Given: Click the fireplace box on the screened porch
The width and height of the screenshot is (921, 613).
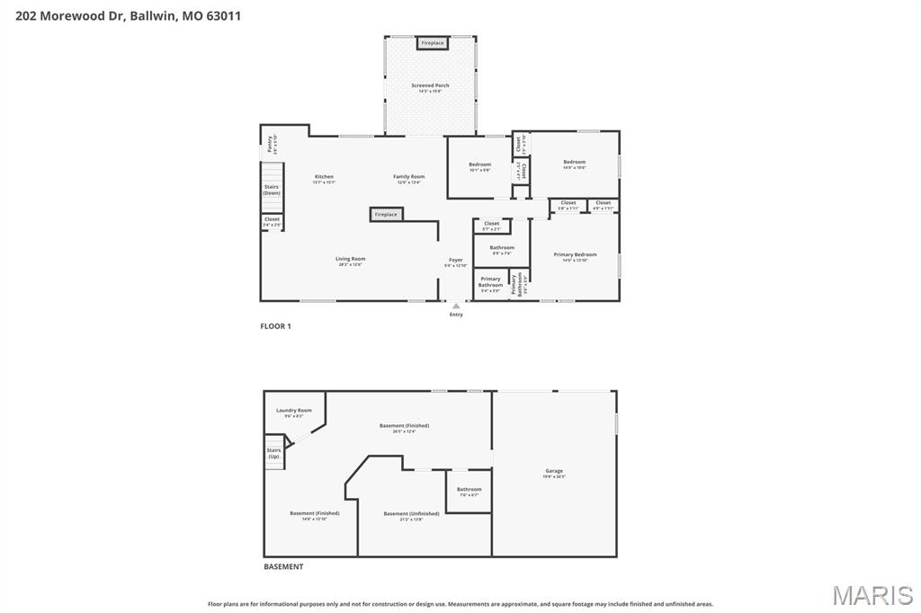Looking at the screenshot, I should pos(432,43).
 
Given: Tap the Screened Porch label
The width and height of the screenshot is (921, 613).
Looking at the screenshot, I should pos(430,85).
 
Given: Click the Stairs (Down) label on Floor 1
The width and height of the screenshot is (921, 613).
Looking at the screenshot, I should pos(272,190).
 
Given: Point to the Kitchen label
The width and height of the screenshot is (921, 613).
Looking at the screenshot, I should pos(324,176).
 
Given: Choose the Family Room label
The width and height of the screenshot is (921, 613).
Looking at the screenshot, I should pos(408,176).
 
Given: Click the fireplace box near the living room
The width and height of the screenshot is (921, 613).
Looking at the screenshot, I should pos(386,215).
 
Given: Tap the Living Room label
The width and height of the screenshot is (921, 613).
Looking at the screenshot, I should pos(351,259).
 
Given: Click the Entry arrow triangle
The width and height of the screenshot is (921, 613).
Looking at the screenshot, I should pos(456,306).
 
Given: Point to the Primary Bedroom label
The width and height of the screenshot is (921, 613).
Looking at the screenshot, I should pos(575,254).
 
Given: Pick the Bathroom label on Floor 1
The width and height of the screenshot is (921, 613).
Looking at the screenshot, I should pos(502,247).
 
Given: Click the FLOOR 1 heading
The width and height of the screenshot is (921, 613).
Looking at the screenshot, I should pos(275,326).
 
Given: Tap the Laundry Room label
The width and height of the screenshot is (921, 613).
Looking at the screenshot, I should pos(293,410).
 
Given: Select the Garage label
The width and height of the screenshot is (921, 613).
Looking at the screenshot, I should pos(554,471).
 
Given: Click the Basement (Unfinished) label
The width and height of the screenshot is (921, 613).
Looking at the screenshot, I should pos(411,513).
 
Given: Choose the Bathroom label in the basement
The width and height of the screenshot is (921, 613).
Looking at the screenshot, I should pos(469,489).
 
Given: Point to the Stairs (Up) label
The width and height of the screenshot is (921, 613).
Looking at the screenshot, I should pos(273,453).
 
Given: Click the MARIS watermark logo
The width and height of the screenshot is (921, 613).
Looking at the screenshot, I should pos(872,595).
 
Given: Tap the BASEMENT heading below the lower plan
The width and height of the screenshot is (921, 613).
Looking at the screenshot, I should pos(283,567).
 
